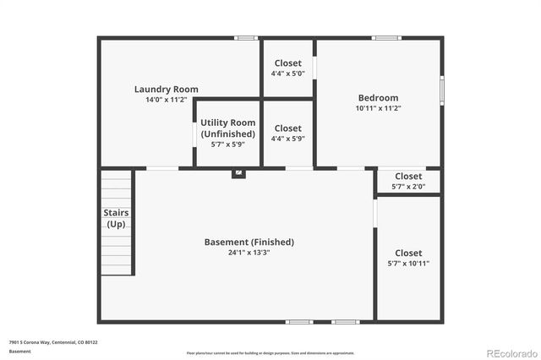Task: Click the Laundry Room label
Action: pyautogui.click(x=167, y=89)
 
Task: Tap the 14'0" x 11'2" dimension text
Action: pyautogui.click(x=167, y=100)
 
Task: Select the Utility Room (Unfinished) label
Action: pyautogui.click(x=227, y=128)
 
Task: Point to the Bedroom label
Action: pyautogui.click(x=377, y=98)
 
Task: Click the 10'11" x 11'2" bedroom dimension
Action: pyautogui.click(x=377, y=108)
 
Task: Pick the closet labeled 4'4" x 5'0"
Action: pyautogui.click(x=287, y=68)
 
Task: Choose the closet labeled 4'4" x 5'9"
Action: pyautogui.click(x=287, y=133)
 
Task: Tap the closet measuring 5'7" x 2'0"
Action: pyautogui.click(x=408, y=181)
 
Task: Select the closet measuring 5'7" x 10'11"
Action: pyautogui.click(x=408, y=258)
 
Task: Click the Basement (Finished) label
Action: pyautogui.click(x=249, y=242)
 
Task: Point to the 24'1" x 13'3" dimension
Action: pyautogui.click(x=249, y=253)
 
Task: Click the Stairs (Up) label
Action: pyautogui.click(x=116, y=218)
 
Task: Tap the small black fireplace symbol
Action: pyautogui.click(x=239, y=173)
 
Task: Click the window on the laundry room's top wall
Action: pyautogui.click(x=246, y=37)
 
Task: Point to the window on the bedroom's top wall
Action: pyautogui.click(x=386, y=37)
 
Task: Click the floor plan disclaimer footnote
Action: pyautogui.click(x=270, y=353)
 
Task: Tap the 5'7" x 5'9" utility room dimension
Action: pyautogui.click(x=227, y=145)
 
